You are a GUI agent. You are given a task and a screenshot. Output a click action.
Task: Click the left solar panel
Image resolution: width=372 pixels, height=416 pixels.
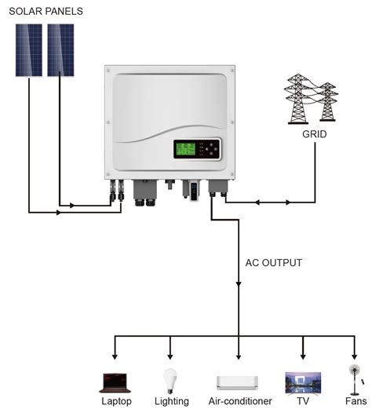pyautogui.click(x=29, y=49)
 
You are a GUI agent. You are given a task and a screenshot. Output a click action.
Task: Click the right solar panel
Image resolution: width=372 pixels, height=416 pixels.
pyautogui.click(x=60, y=49)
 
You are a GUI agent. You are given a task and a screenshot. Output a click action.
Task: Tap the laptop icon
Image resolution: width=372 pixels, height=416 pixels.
pyautogui.click(x=115, y=382)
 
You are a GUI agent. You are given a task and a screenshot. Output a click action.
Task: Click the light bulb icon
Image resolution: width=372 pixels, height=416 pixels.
pyautogui.click(x=169, y=380)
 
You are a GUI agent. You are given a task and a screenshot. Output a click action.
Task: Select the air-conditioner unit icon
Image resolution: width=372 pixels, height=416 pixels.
pyautogui.click(x=238, y=382)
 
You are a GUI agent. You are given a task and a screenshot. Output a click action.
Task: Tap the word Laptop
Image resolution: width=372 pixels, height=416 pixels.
pyautogui.click(x=116, y=402)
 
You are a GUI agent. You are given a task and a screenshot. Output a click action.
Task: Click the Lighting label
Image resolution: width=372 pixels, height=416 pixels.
pyautogui.click(x=171, y=402)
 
